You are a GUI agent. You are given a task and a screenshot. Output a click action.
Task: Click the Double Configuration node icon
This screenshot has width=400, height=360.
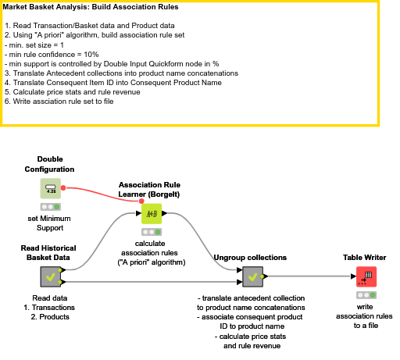pyautogui.click(x=51, y=188)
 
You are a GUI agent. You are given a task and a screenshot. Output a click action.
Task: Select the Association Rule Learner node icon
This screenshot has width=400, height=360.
pyautogui.click(x=152, y=213)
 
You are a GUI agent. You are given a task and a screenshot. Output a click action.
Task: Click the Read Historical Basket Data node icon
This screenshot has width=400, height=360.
pyautogui.click(x=51, y=276)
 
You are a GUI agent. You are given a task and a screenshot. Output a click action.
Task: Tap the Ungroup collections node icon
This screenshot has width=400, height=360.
pyautogui.click(x=251, y=276)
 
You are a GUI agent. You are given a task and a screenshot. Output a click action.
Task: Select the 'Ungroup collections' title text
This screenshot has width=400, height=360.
pyautogui.click(x=250, y=258)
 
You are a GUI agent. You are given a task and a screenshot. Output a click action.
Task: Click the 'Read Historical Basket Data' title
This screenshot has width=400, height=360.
pyautogui.click(x=50, y=251)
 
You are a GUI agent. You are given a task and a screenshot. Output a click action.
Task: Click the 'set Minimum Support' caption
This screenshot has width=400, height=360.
pyautogui.click(x=50, y=223)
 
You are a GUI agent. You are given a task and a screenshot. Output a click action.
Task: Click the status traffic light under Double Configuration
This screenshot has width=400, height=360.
pyautogui.click(x=51, y=207)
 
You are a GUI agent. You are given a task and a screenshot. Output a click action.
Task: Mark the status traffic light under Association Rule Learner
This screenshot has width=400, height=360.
pyautogui.click(x=152, y=232)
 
